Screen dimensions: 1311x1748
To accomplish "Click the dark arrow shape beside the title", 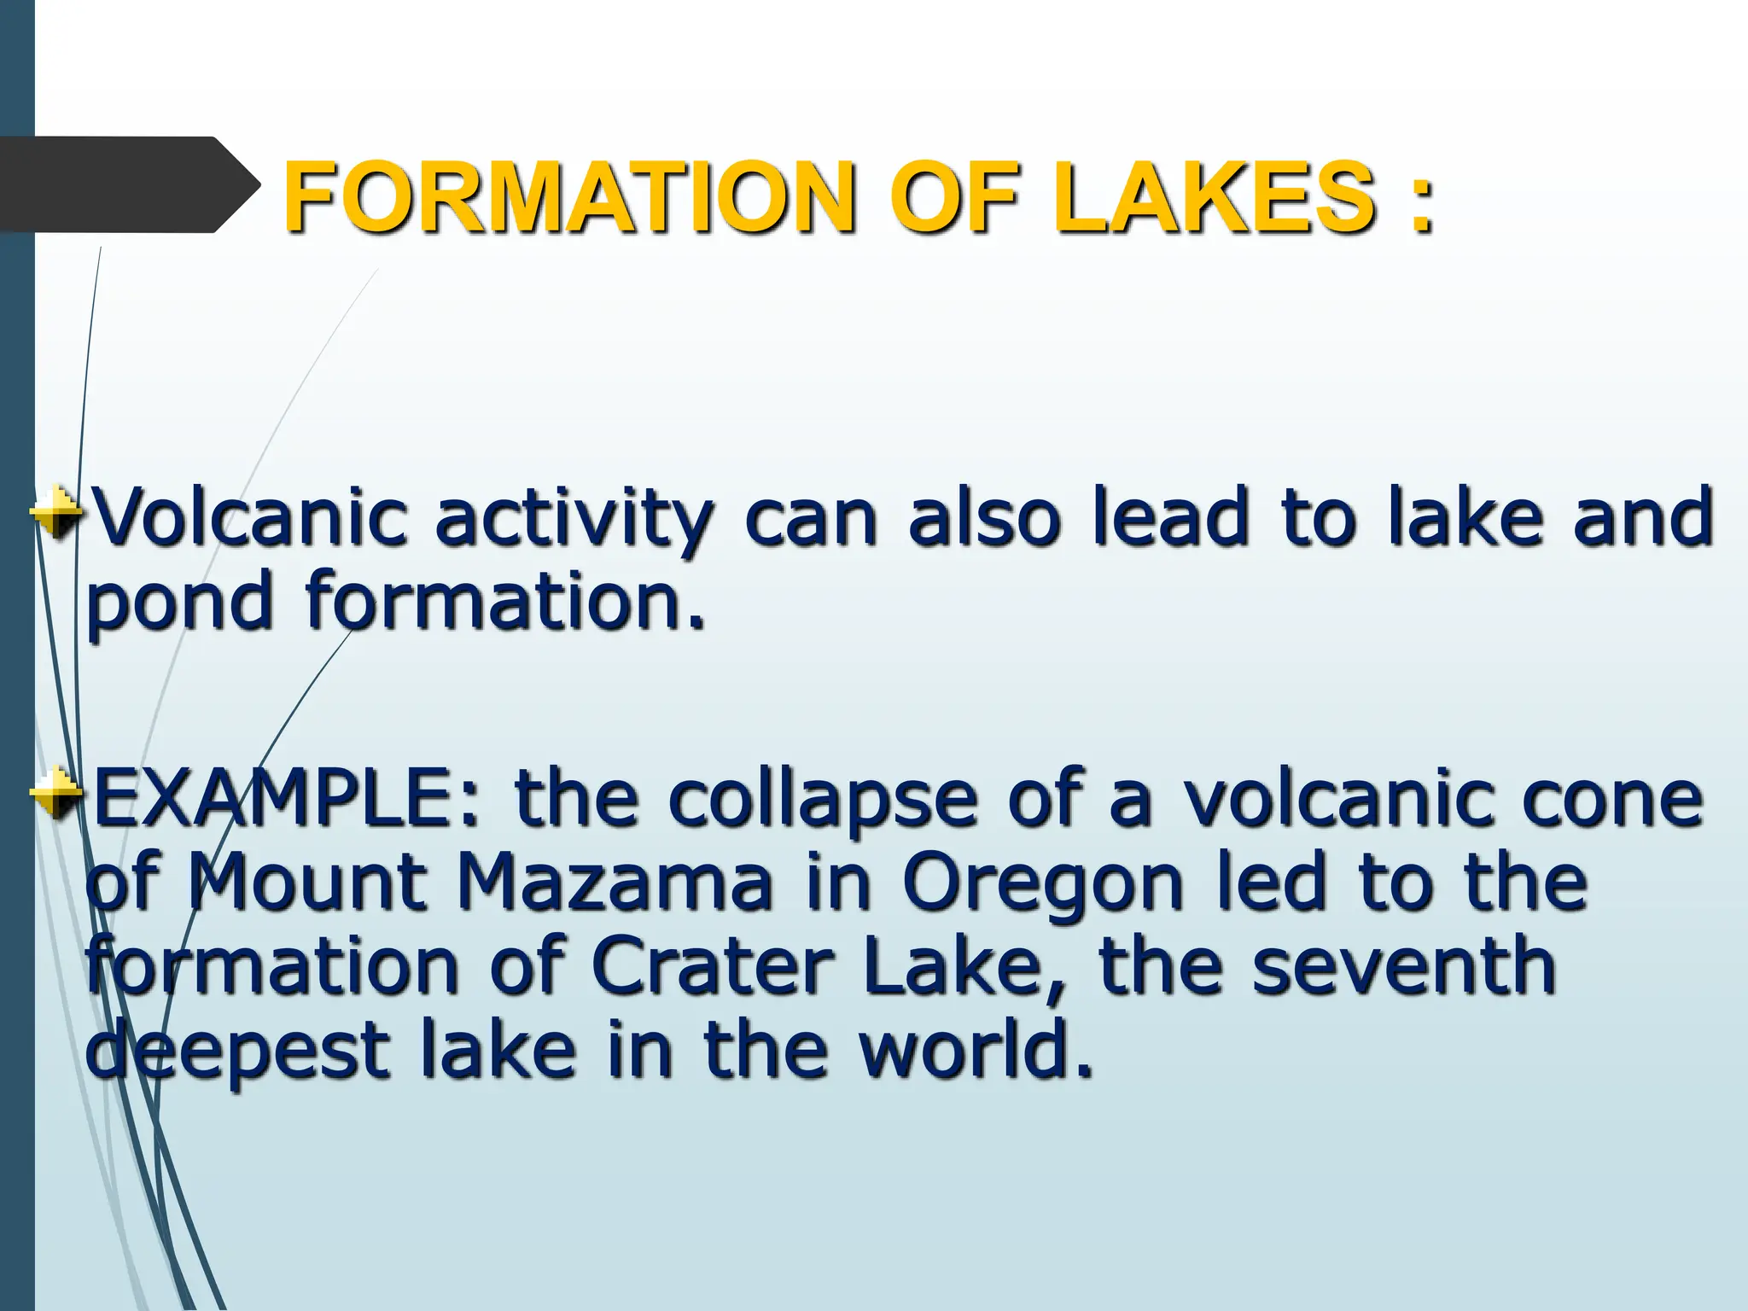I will pyautogui.click(x=128, y=184).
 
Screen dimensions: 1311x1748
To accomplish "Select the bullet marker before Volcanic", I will pyautogui.click(x=56, y=511).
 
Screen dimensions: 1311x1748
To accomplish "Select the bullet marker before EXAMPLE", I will pyautogui.click(x=56, y=792).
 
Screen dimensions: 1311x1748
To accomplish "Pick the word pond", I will pyautogui.click(x=179, y=603).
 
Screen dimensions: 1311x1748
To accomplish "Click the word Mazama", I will pyautogui.click(x=615, y=883).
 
